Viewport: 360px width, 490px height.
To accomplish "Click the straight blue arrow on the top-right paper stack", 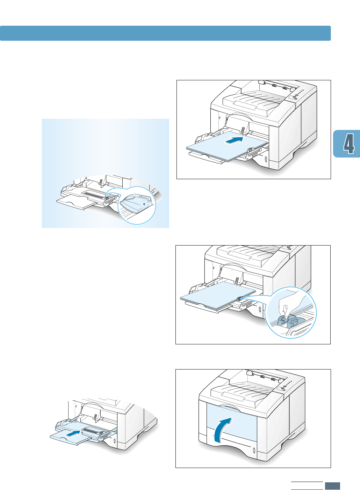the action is coord(233,140).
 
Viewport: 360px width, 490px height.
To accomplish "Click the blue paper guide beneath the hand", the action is coord(287,321).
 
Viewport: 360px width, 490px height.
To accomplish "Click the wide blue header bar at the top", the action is coord(165,33).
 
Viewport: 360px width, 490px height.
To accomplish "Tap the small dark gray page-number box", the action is coord(332,486).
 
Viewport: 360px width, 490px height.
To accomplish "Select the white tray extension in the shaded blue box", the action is coord(75,203).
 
